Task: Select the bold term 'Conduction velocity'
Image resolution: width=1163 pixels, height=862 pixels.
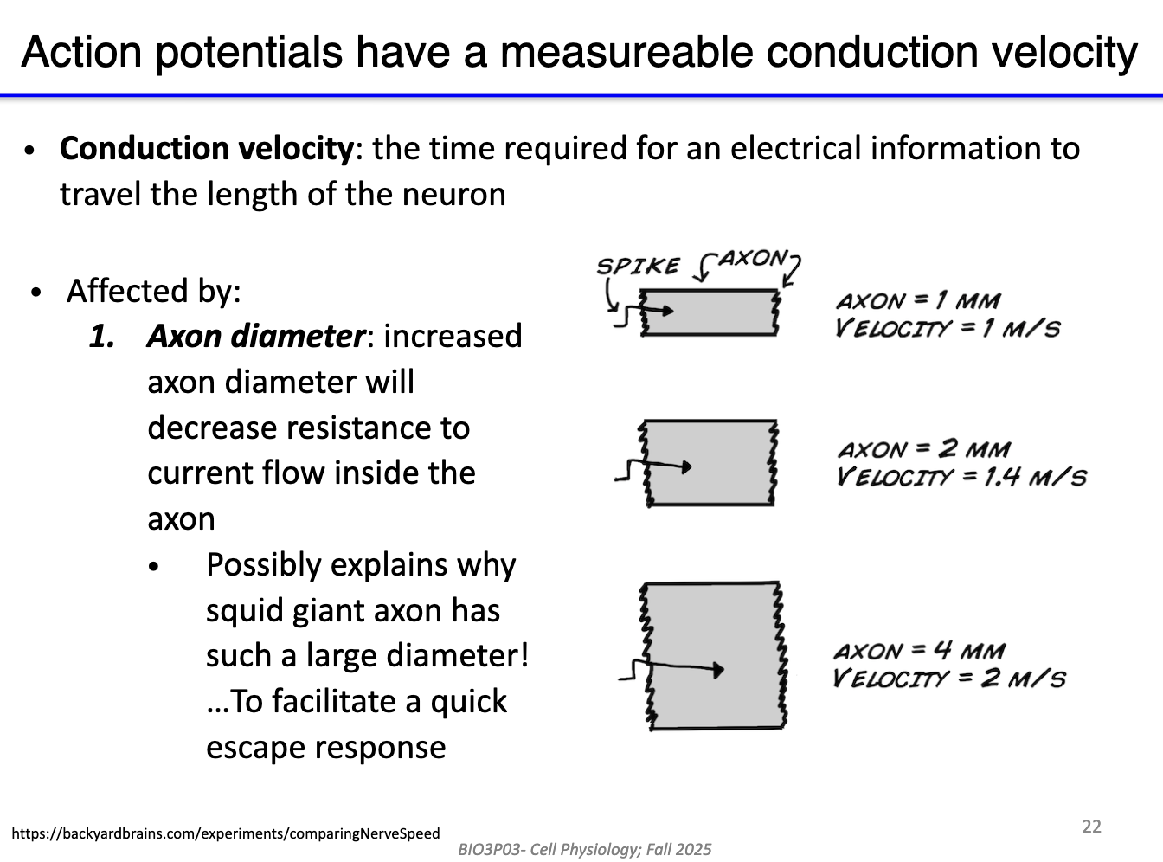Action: (206, 149)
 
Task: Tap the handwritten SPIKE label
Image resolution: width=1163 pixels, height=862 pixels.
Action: (638, 266)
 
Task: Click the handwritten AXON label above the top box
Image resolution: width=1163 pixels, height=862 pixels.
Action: (753, 258)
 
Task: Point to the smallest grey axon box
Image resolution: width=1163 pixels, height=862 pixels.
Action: (710, 312)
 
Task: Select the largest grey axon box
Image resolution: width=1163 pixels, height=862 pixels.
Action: (715, 656)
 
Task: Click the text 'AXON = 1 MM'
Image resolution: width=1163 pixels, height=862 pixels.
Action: (917, 301)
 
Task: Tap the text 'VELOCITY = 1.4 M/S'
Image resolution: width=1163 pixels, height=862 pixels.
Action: (961, 477)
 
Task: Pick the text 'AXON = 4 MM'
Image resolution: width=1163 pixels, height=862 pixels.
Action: (919, 651)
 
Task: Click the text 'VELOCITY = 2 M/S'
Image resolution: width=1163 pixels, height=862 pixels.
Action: (948, 678)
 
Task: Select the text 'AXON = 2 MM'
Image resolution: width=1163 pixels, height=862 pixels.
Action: (923, 449)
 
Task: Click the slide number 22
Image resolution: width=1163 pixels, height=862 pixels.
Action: (1092, 827)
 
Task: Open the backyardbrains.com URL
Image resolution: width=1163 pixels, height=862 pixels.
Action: (226, 834)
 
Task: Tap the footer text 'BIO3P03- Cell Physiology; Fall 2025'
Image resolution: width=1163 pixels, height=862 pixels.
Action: (585, 850)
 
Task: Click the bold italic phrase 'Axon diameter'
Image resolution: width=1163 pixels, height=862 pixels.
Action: (256, 336)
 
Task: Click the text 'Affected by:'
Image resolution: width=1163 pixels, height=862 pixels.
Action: (153, 291)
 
